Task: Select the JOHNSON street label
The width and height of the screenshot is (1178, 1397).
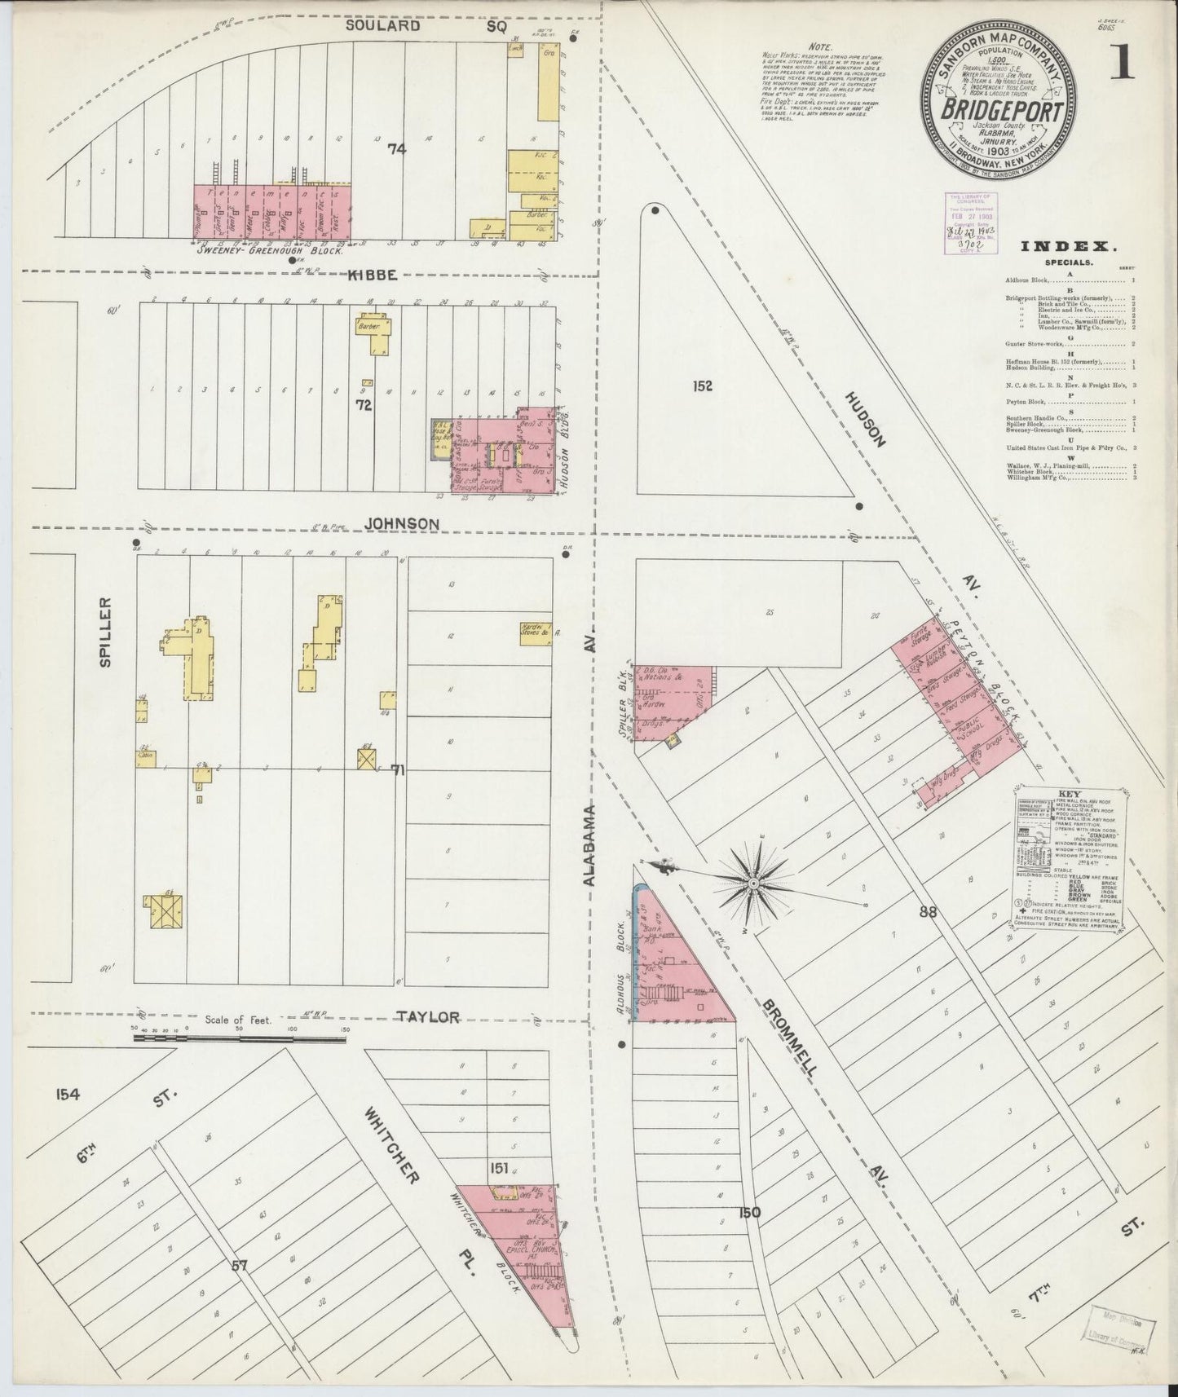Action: click(403, 523)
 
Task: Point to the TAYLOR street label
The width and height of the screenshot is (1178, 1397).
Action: click(428, 1016)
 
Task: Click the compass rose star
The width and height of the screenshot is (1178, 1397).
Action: click(755, 883)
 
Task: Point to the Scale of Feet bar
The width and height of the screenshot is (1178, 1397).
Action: click(239, 1038)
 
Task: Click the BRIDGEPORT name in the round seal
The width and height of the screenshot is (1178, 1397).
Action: click(1002, 109)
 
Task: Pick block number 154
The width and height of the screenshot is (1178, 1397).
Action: click(68, 1094)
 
